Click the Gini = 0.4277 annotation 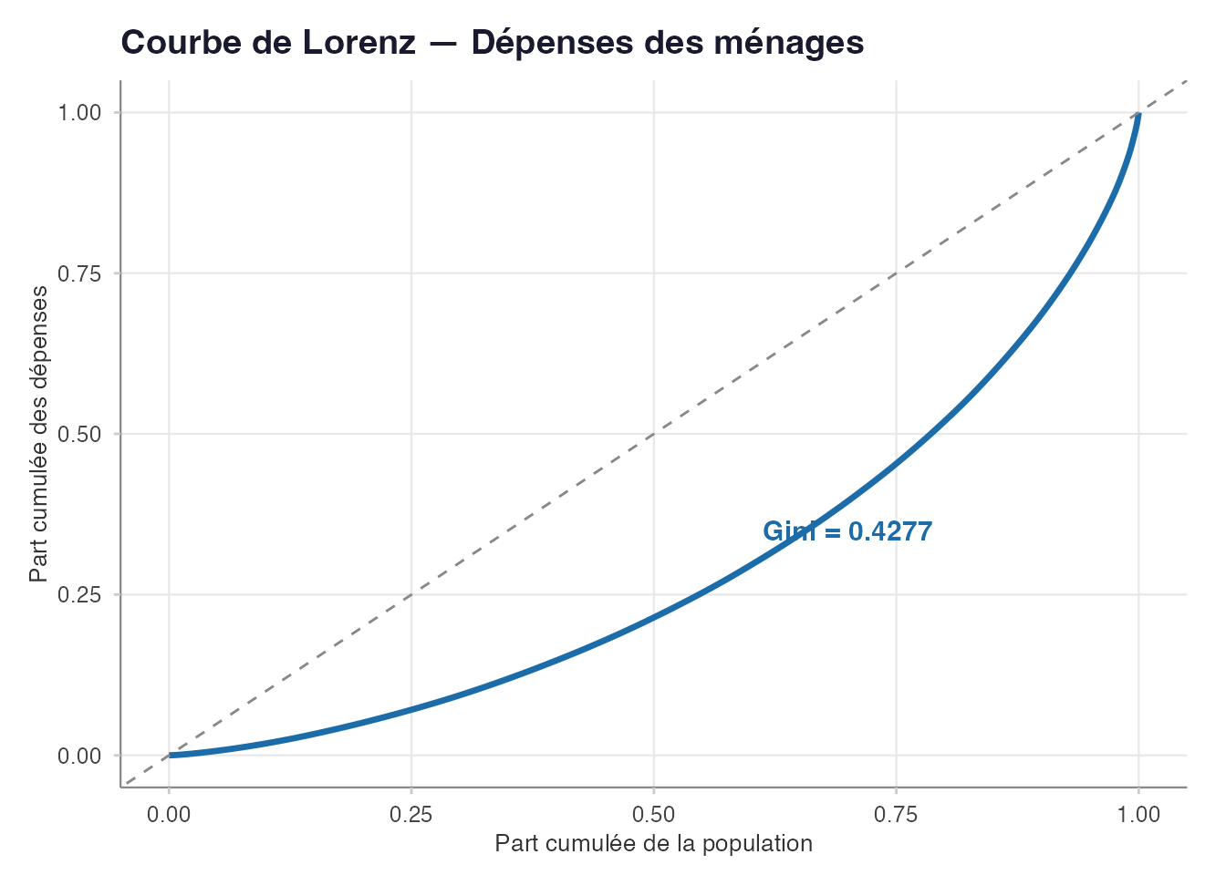tap(847, 531)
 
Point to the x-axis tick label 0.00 tap(169, 814)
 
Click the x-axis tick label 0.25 tap(411, 814)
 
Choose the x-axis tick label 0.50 tap(654, 814)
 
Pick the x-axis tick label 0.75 tap(896, 814)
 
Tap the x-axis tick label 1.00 tap(1138, 814)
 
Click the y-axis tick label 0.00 tap(78, 756)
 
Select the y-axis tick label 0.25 tap(78, 595)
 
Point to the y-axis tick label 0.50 tap(78, 434)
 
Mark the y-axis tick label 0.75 tap(78, 273)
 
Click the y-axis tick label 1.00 tap(78, 113)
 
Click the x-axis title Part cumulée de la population tap(653, 844)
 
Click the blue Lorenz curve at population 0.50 tap(654, 617)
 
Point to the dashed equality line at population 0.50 tap(654, 434)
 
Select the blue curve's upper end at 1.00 tap(1138, 114)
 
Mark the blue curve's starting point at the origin tap(170, 755)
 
